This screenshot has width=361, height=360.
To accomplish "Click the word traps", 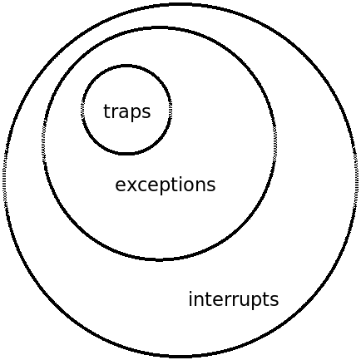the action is (127, 111).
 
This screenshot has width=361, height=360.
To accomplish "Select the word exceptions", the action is (166, 185).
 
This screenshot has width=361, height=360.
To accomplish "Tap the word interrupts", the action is (234, 299).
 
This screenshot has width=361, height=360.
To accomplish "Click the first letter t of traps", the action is (107, 111).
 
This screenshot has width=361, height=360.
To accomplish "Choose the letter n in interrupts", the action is (199, 300).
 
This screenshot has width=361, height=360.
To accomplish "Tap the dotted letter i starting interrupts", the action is (190, 298).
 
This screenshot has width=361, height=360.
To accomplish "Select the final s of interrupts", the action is (274, 301).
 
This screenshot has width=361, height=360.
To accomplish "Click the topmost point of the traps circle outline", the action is (126, 66).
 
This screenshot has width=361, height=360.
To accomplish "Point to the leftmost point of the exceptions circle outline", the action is (43, 144).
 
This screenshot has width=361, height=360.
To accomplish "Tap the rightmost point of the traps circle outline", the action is (171, 110).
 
